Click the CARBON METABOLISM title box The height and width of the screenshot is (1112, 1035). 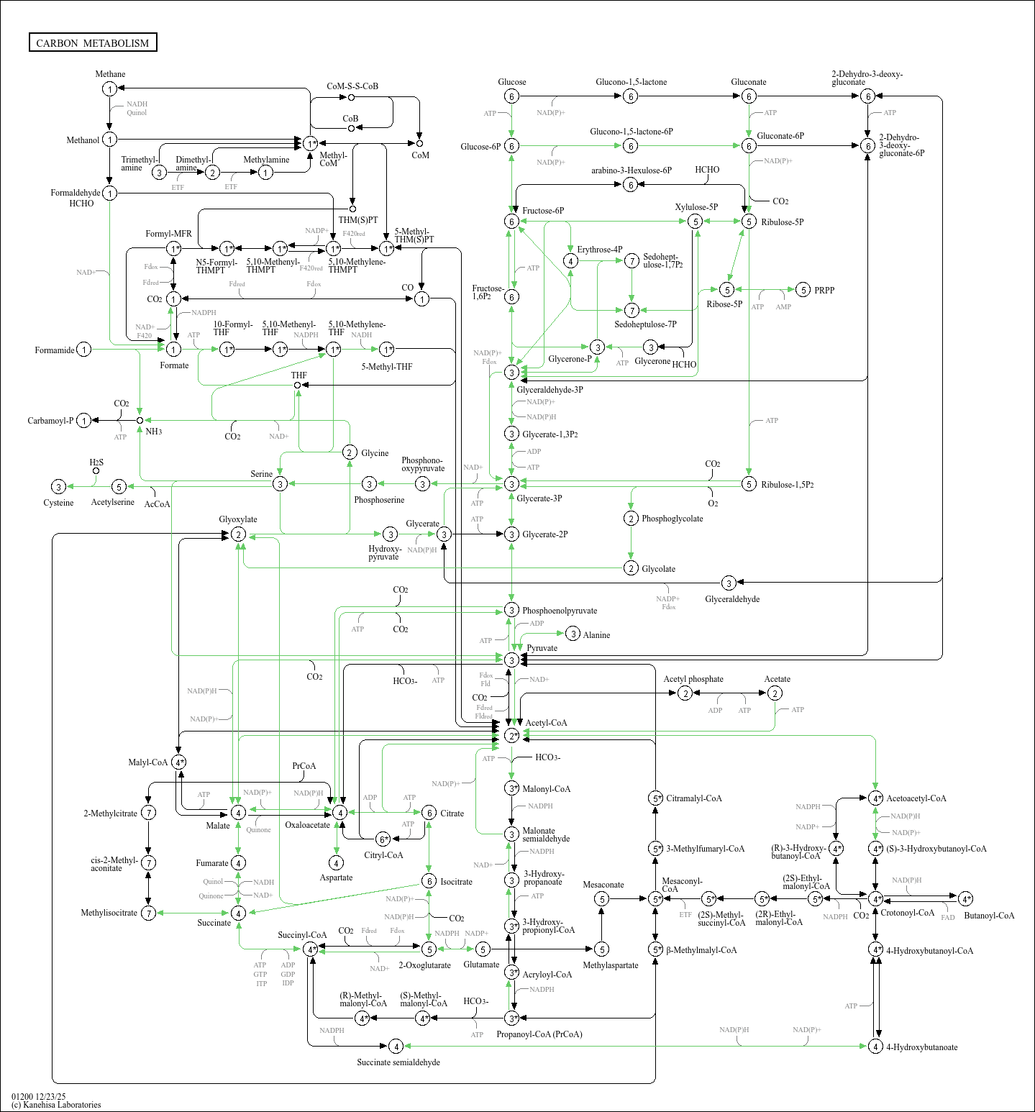(x=93, y=42)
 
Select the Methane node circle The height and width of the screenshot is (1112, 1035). (x=109, y=88)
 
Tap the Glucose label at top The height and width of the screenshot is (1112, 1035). (x=511, y=82)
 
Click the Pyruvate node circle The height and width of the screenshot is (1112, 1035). (x=511, y=660)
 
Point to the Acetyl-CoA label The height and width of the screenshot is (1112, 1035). (x=546, y=723)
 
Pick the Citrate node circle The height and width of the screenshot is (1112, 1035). (x=429, y=813)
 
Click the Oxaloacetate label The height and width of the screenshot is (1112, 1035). (x=307, y=825)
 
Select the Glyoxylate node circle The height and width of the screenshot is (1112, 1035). (x=238, y=534)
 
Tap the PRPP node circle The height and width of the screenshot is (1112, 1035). (x=803, y=290)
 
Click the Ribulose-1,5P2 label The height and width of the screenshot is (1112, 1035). (x=788, y=485)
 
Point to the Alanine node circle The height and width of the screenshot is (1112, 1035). (x=573, y=634)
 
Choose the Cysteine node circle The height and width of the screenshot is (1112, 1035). (x=59, y=487)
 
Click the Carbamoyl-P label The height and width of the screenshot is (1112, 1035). (x=50, y=421)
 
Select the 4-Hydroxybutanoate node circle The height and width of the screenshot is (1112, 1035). (x=875, y=1047)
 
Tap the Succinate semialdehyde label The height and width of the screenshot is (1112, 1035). (x=398, y=1062)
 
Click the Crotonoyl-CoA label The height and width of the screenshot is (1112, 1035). (x=907, y=913)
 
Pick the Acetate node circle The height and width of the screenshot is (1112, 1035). (x=775, y=693)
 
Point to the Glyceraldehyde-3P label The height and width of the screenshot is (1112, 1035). (x=550, y=390)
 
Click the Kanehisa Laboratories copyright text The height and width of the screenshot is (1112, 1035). (x=56, y=1105)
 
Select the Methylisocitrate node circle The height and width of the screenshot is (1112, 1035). (x=148, y=913)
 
